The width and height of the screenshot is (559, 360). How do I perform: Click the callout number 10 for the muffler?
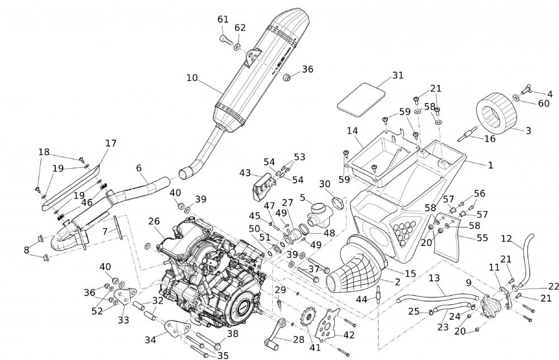[192, 78]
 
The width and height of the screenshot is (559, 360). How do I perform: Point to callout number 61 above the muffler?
[223, 20]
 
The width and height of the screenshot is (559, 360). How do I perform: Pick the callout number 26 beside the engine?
[154, 221]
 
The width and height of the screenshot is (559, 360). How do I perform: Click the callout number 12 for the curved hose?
[506, 239]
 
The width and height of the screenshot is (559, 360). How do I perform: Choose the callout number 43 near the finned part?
[245, 173]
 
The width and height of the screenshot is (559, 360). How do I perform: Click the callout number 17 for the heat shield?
[111, 143]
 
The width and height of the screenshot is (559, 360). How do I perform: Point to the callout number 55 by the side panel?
[482, 238]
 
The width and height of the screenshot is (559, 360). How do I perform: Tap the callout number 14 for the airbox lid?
[352, 131]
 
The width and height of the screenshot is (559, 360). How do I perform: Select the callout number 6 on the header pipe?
[139, 167]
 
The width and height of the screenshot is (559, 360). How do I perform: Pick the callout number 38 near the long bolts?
[232, 334]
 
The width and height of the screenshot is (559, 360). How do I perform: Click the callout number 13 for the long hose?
[434, 278]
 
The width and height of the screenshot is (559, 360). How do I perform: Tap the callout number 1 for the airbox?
[490, 165]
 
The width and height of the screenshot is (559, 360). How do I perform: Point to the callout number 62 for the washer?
[240, 28]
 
